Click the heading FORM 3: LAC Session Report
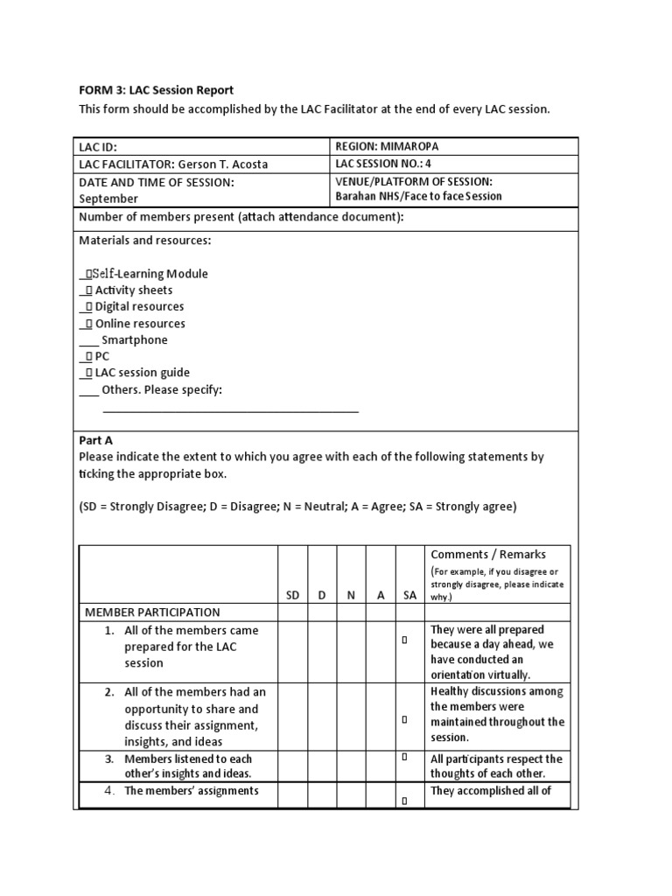tap(157, 90)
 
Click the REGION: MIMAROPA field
tap(388, 147)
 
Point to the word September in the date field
tap(108, 199)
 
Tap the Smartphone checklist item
tap(134, 339)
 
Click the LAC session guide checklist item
tap(142, 373)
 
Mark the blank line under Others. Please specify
tap(230, 409)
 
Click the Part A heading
tap(96, 440)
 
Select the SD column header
tap(293, 595)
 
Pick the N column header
tap(351, 595)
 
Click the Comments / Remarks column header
tap(487, 554)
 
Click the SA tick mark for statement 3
tap(405, 757)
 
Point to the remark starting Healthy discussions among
tap(497, 691)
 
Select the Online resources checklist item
tap(140, 323)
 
